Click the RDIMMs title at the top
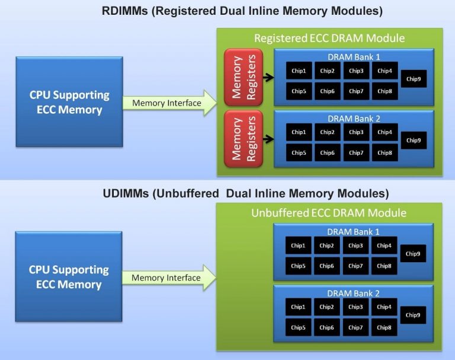tap(227, 11)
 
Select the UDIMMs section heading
tap(227, 193)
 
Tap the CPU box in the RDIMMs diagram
tap(69, 102)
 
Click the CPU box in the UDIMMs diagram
tap(69, 277)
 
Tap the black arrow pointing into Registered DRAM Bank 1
tap(268, 77)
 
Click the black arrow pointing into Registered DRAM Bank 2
tap(268, 139)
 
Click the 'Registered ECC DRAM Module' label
tap(329, 38)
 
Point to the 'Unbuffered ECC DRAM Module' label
tap(329, 213)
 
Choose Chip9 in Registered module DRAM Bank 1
tap(413, 79)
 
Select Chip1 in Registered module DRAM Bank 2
tap(299, 132)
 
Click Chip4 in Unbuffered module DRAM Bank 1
tap(384, 246)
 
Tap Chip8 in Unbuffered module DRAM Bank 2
tap(384, 327)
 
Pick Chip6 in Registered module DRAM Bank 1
tap(327, 91)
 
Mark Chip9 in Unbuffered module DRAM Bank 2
tap(413, 315)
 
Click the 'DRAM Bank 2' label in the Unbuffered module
tap(353, 293)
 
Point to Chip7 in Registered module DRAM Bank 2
tap(356, 152)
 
